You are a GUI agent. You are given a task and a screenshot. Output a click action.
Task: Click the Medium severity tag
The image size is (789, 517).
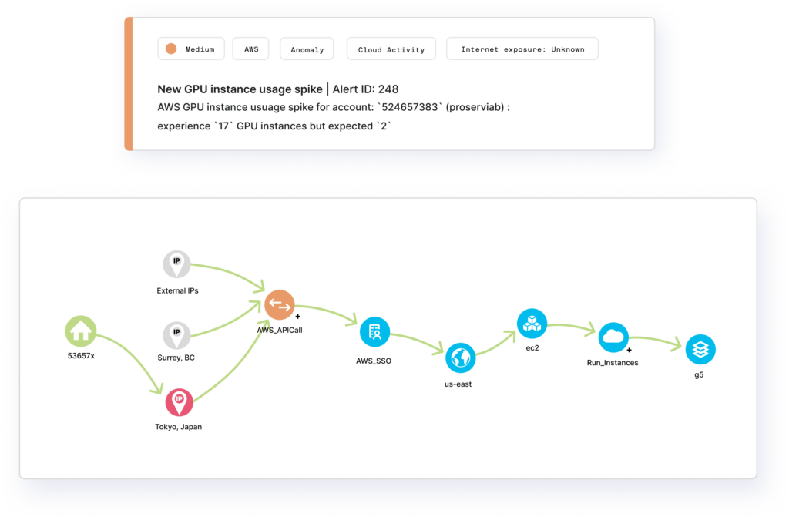(x=192, y=49)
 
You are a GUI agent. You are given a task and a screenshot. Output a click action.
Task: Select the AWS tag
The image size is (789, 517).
(x=252, y=49)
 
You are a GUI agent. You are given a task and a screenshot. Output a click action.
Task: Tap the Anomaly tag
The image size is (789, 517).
(x=307, y=49)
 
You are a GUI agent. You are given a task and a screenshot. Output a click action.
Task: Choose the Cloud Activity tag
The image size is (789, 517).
(x=391, y=49)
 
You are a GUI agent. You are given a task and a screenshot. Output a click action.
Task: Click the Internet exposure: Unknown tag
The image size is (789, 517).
(x=522, y=49)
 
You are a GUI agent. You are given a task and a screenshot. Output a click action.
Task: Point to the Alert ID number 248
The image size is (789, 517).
(x=388, y=89)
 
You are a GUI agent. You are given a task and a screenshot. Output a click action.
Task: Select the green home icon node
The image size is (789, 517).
(x=80, y=332)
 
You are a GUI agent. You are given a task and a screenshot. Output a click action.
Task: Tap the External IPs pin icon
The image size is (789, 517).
(x=176, y=264)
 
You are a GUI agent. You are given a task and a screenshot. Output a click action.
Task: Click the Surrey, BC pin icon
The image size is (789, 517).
(x=176, y=334)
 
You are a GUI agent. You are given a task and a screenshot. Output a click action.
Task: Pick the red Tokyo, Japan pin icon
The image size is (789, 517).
(x=179, y=401)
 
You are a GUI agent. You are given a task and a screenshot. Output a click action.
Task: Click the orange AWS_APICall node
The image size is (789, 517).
(x=279, y=305)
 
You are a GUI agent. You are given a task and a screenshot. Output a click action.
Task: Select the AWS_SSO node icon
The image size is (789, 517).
(x=374, y=332)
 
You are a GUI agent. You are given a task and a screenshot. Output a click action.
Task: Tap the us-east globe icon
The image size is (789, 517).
(x=460, y=358)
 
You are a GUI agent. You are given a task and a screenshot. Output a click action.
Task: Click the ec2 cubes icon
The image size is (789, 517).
(x=531, y=323)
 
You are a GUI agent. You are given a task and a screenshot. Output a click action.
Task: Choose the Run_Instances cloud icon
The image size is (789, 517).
(x=613, y=337)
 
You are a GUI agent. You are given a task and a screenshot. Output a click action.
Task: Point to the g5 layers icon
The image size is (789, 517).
(x=700, y=349)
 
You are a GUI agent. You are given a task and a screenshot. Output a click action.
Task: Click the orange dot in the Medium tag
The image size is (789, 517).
(x=172, y=49)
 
